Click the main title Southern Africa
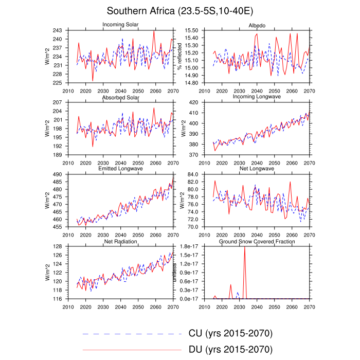click(x=179, y=11)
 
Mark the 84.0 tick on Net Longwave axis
click(x=192, y=174)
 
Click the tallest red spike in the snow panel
click(x=244, y=248)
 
